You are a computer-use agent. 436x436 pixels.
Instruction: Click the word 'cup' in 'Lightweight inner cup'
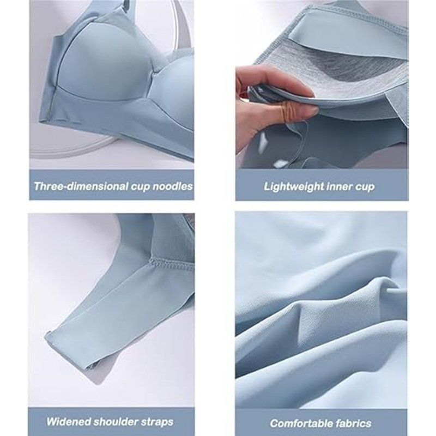(x=365, y=187)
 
